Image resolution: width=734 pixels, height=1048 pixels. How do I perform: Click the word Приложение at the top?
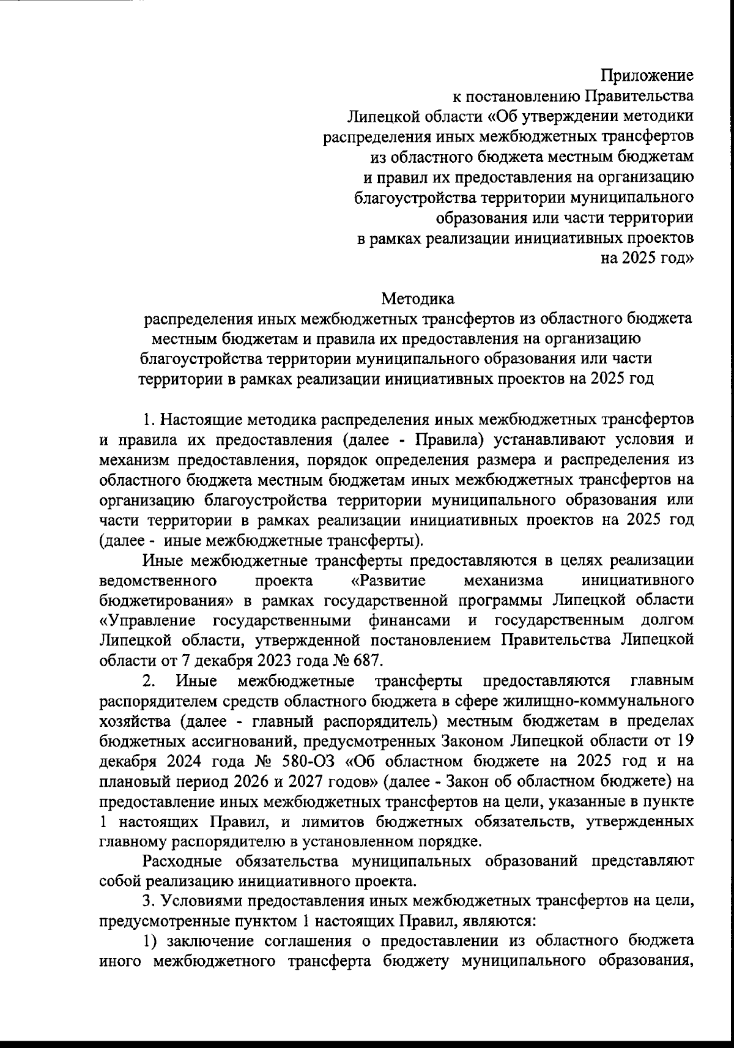coord(647,76)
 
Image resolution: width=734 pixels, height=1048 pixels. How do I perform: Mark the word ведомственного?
coord(159,579)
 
